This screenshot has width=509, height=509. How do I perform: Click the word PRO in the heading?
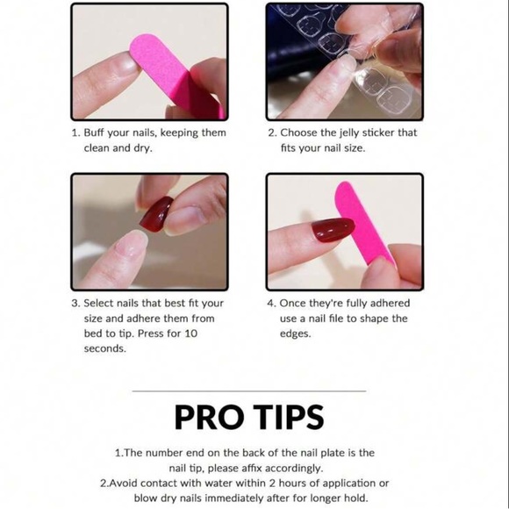point(209,417)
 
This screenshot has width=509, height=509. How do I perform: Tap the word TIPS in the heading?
point(289,417)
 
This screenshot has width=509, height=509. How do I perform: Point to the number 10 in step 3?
point(191,333)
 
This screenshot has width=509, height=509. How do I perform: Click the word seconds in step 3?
point(104,348)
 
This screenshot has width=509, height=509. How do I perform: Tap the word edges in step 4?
point(296,333)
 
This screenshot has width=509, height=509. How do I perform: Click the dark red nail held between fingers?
point(156,214)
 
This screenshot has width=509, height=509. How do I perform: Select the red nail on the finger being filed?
point(333,229)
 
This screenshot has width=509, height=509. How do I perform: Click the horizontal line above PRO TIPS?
point(249,391)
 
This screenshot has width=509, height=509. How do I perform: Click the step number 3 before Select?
point(75,304)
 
